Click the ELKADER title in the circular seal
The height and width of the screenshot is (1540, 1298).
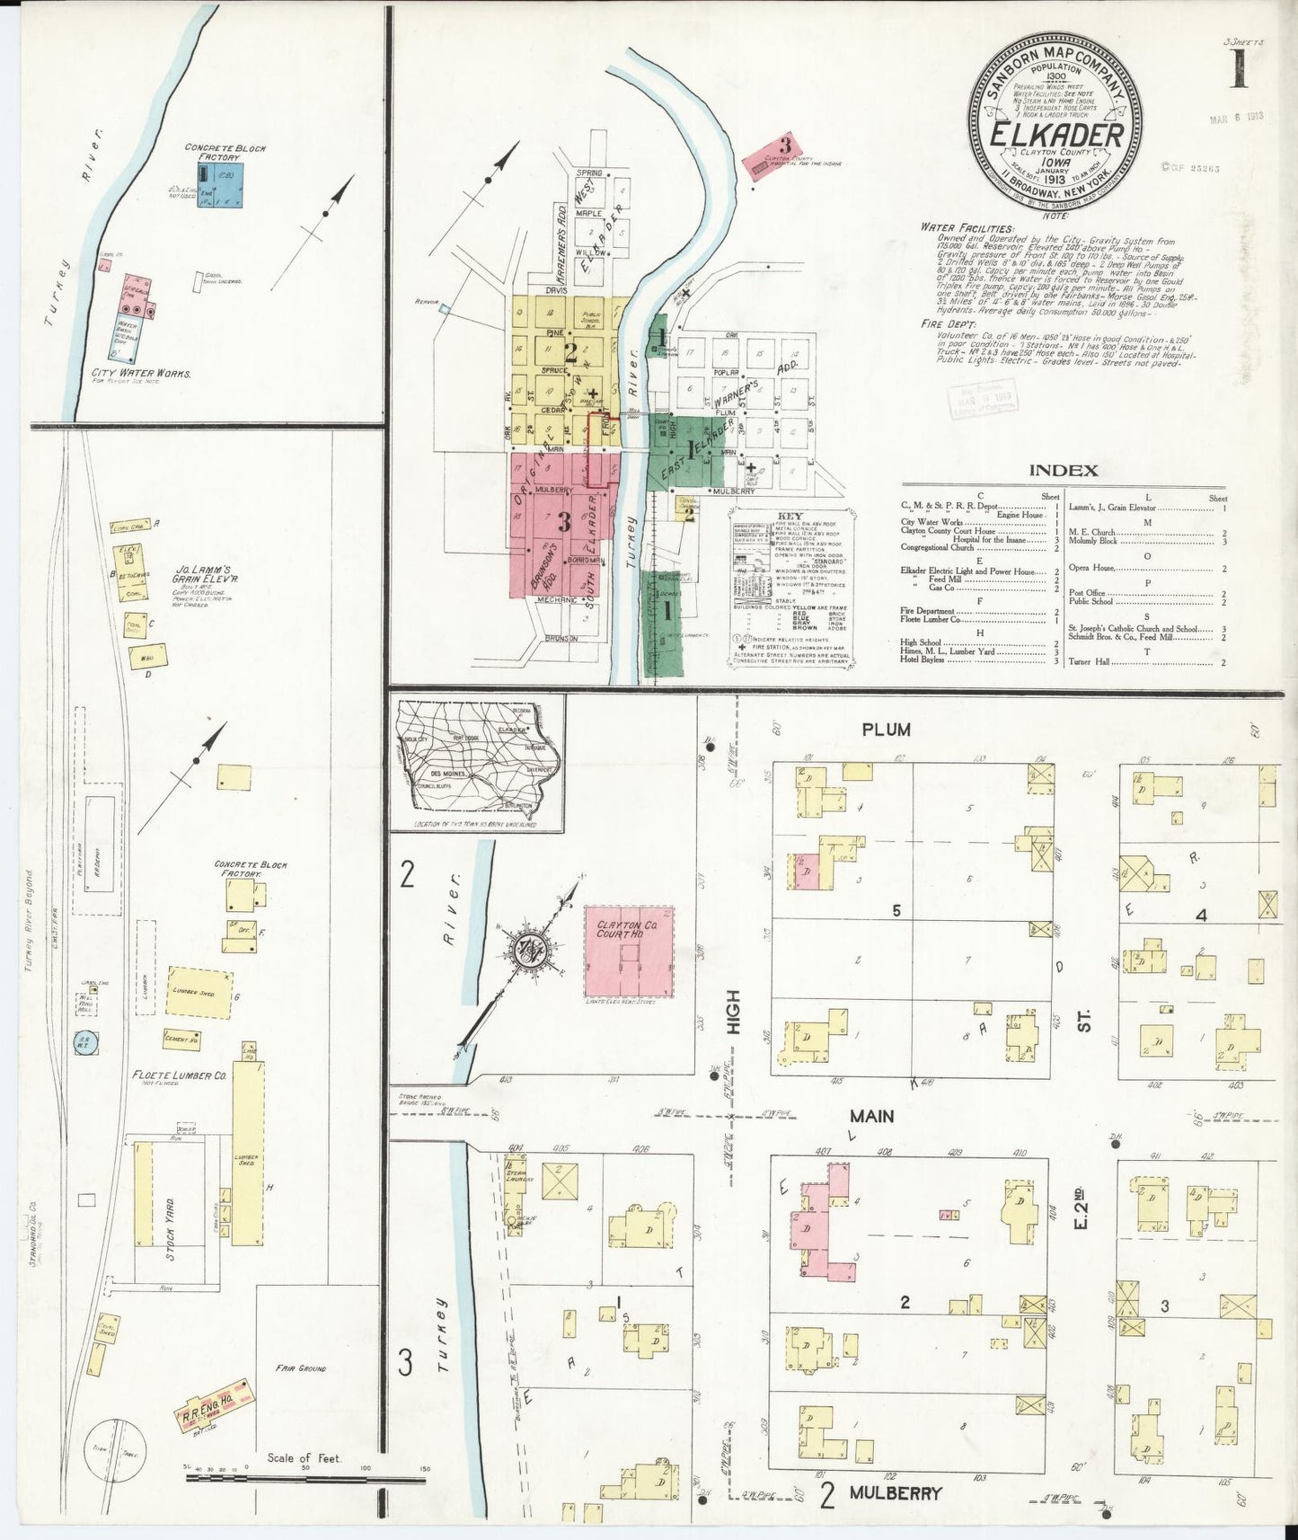click(1055, 135)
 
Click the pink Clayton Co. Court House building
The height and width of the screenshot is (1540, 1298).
click(629, 951)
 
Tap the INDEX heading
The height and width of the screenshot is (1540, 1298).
click(1063, 470)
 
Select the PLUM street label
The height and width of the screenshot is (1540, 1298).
click(886, 730)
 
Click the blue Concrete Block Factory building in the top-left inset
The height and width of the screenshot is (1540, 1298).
click(222, 186)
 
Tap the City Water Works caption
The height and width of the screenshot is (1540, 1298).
click(140, 372)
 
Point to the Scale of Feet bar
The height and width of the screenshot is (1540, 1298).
click(305, 1474)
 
